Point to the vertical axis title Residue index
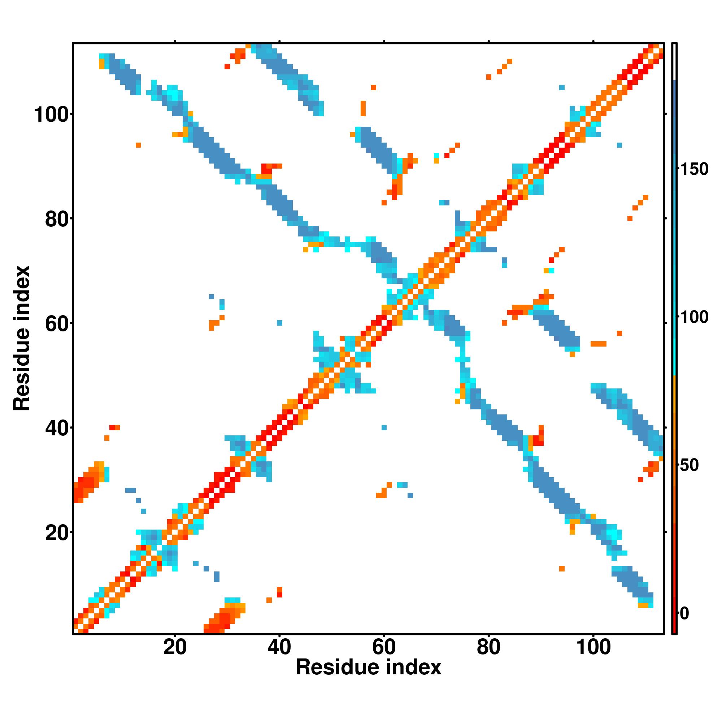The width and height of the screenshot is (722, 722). click(22, 338)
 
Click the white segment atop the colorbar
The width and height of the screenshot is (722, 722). click(675, 62)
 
